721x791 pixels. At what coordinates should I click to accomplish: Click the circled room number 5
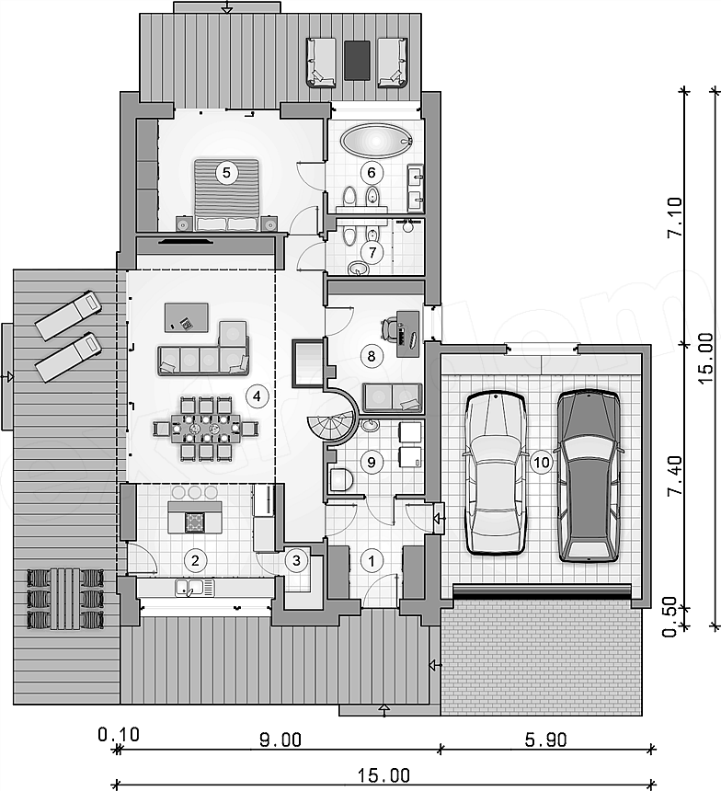(x=226, y=173)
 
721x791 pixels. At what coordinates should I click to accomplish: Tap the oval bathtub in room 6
(x=375, y=140)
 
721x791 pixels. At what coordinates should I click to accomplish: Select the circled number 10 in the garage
(x=541, y=462)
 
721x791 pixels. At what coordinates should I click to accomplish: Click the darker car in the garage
(x=589, y=476)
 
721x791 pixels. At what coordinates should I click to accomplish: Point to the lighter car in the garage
(x=495, y=473)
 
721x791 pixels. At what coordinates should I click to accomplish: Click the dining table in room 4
(x=205, y=429)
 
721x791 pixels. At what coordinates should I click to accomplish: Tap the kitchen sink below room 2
(x=195, y=587)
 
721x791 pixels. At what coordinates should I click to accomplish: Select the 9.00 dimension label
(x=280, y=740)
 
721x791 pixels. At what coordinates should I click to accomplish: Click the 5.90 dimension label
(x=545, y=740)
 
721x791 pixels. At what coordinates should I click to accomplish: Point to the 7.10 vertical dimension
(x=675, y=217)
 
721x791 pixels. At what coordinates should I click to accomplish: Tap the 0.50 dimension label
(x=669, y=617)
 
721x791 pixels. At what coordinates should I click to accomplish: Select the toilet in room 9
(x=340, y=479)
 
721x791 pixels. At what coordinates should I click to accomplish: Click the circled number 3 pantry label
(x=296, y=560)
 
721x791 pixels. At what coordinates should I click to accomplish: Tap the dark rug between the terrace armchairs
(x=358, y=60)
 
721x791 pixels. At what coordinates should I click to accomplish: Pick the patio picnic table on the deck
(x=65, y=599)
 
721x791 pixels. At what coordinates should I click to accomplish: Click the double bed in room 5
(x=226, y=195)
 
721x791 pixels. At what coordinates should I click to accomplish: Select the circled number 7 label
(x=372, y=252)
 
